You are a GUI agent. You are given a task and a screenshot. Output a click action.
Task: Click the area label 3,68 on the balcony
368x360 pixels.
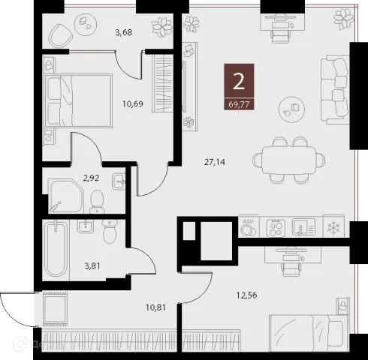click(x=124, y=32)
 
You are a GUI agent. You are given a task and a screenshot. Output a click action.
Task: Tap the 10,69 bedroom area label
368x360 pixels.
click(x=133, y=103)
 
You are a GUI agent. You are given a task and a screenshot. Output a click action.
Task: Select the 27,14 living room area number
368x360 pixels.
click(x=215, y=162)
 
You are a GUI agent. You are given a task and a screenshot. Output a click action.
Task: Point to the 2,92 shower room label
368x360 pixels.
click(x=91, y=178)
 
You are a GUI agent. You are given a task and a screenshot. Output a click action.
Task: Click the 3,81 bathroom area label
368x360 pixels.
click(x=92, y=266)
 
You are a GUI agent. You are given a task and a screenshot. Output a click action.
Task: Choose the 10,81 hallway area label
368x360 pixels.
click(x=156, y=307)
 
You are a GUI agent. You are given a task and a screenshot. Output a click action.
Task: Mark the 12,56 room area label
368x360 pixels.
click(x=247, y=295)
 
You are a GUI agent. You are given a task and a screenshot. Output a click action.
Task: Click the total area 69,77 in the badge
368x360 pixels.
click(x=239, y=104)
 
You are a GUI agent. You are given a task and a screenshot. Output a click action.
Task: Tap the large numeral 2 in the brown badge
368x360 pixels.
click(x=239, y=82)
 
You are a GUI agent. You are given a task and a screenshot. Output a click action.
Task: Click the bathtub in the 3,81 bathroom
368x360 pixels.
click(x=56, y=250)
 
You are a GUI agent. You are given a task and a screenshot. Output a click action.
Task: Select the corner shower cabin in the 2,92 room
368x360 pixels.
click(x=66, y=196)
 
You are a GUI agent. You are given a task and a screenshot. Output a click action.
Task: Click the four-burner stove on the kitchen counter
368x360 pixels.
click(x=276, y=228)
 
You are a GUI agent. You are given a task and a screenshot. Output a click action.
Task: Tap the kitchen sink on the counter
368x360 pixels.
click(x=303, y=226)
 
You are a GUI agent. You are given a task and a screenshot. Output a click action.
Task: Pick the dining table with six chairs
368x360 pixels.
click(x=289, y=160)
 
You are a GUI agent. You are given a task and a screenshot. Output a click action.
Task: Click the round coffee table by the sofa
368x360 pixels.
click(x=291, y=109)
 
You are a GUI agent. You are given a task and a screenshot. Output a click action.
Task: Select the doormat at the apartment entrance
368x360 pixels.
click(x=56, y=309)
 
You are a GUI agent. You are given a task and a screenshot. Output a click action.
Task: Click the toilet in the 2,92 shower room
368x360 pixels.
click(x=97, y=202)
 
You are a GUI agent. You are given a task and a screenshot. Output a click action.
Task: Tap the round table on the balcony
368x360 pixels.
click(x=86, y=25)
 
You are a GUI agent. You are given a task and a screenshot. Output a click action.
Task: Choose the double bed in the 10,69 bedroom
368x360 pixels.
click(x=78, y=100)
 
